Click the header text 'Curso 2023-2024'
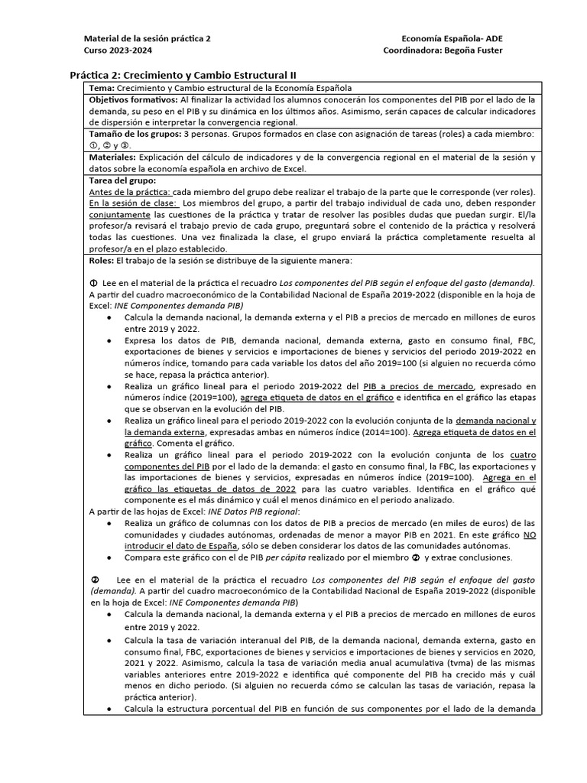117,50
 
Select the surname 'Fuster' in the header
486,50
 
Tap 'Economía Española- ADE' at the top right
452,38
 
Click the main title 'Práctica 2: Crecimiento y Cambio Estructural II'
183,75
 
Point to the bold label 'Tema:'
102,88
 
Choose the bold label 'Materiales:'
112,157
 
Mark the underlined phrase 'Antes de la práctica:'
130,191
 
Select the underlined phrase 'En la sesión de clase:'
133,203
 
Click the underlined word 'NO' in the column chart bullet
528,535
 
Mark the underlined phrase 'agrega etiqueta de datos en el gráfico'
317,398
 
